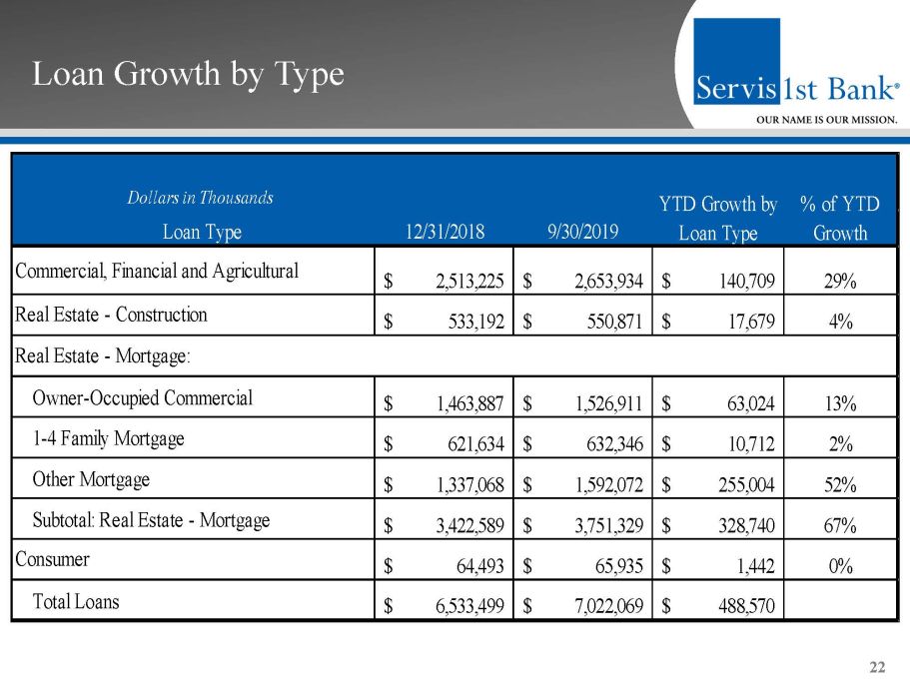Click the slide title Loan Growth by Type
pos(188,74)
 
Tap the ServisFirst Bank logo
pos(795,74)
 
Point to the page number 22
pos(878,667)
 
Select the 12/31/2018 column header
pos(445,233)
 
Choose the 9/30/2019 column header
pos(583,233)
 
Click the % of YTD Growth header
pos(840,219)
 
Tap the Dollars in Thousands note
pos(200,198)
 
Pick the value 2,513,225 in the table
pos(469,281)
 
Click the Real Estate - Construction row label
pos(111,316)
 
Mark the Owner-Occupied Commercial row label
pos(143,397)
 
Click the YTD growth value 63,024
pos(753,404)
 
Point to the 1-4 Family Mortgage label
pos(109,438)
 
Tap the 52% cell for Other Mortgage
pos(840,486)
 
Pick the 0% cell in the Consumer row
pos(840,567)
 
